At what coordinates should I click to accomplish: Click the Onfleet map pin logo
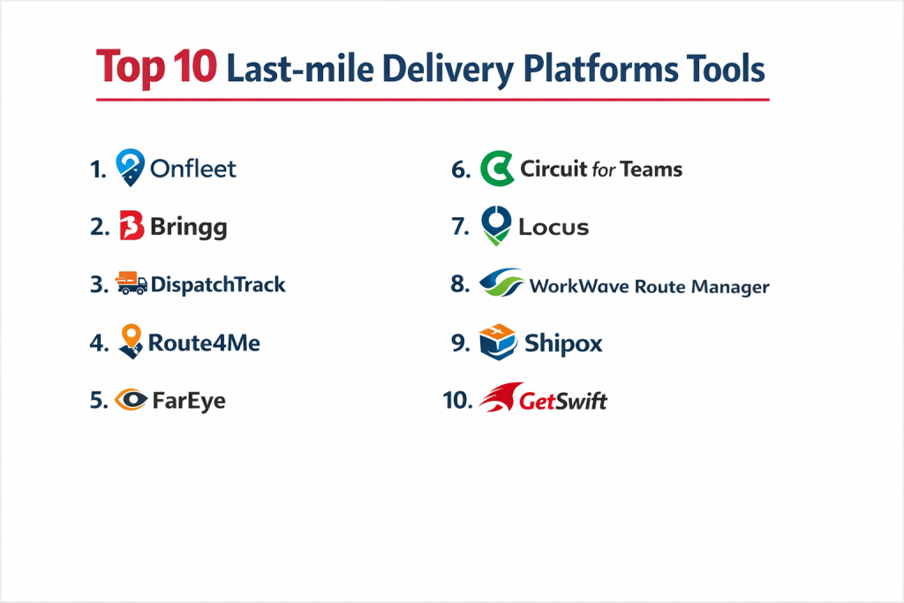pyautogui.click(x=131, y=167)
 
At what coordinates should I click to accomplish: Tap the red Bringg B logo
pyautogui.click(x=132, y=225)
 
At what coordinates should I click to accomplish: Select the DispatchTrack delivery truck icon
pyautogui.click(x=131, y=283)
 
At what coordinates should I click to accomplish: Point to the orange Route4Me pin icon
pyautogui.click(x=131, y=342)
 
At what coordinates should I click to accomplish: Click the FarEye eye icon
pyautogui.click(x=131, y=399)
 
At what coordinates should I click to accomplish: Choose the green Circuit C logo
pyautogui.click(x=497, y=169)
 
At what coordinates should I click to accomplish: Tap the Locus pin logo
pyautogui.click(x=496, y=225)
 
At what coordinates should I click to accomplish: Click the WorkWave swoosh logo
pyautogui.click(x=501, y=283)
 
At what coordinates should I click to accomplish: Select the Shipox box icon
pyautogui.click(x=497, y=342)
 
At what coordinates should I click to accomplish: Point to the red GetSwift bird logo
pyautogui.click(x=501, y=397)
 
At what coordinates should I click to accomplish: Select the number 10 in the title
pyautogui.click(x=194, y=66)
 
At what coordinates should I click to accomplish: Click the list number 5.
pyautogui.click(x=99, y=400)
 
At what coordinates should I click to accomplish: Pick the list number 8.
pyautogui.click(x=460, y=283)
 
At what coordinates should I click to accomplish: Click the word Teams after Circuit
pyautogui.click(x=652, y=169)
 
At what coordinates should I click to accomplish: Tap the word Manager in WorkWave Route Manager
pyautogui.click(x=730, y=287)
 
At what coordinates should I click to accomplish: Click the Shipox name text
pyautogui.click(x=563, y=343)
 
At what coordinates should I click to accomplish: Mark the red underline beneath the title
pyautogui.click(x=433, y=100)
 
